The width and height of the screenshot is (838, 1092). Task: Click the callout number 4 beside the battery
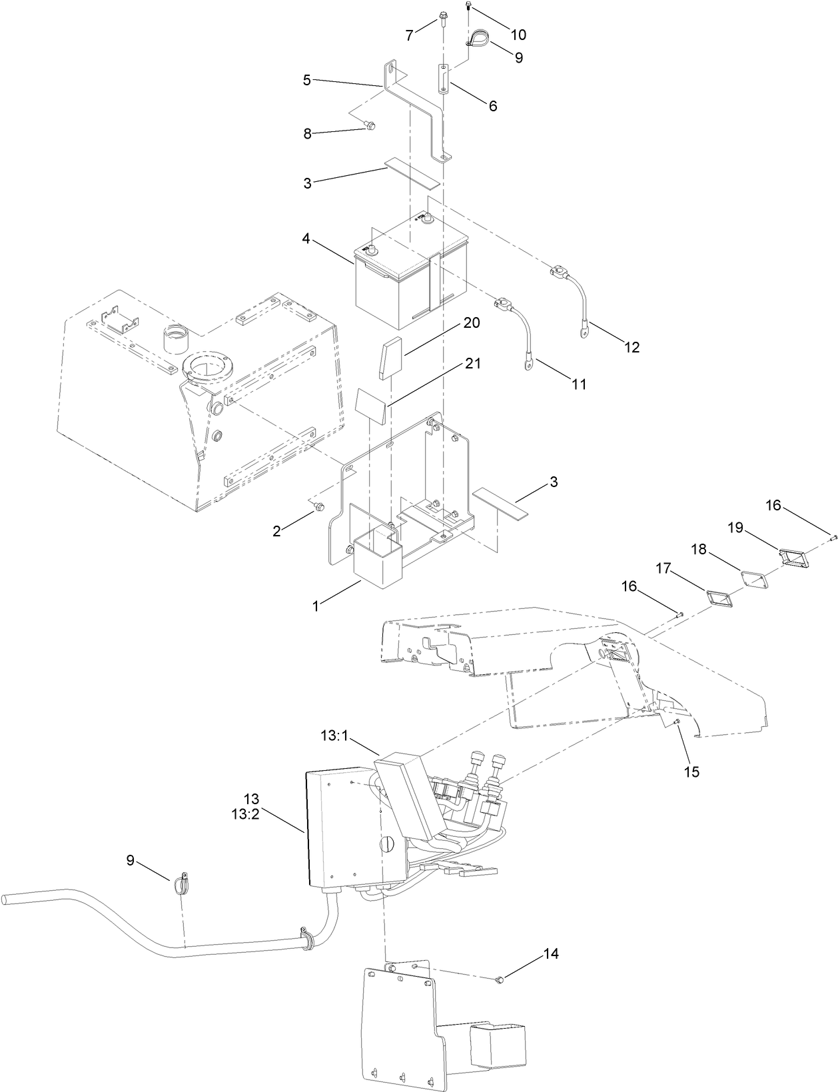[306, 238]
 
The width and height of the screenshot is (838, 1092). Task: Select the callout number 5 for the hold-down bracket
[306, 80]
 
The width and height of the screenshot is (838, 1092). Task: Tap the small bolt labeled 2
[320, 508]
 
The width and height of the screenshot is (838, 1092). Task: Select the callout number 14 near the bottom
[550, 953]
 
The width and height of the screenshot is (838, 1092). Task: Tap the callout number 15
[692, 772]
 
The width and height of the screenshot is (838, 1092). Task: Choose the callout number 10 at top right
[518, 34]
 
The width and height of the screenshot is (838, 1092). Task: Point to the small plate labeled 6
[444, 81]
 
